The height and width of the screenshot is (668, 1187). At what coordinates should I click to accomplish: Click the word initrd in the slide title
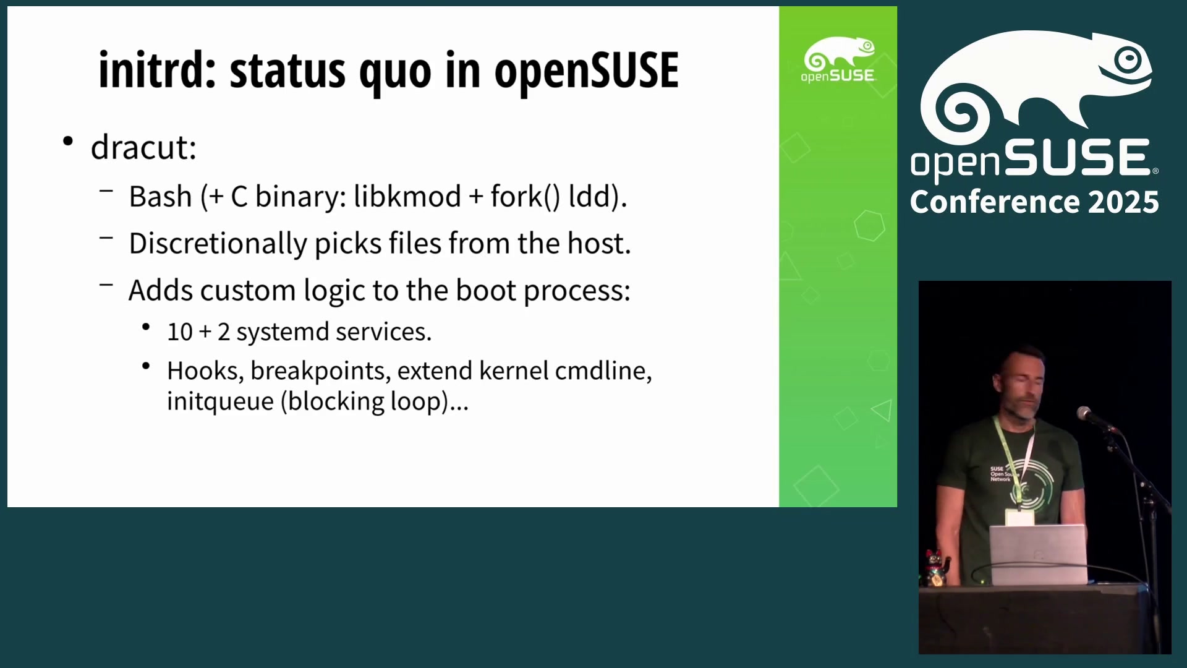(157, 70)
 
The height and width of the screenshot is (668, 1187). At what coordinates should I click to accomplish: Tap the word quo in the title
(395, 73)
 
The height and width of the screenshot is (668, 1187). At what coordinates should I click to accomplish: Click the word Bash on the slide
(161, 197)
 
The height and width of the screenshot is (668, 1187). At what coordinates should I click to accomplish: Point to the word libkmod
(407, 196)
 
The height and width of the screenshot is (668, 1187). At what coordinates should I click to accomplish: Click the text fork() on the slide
(525, 197)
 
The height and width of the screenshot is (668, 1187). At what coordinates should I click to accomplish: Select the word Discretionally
(218, 244)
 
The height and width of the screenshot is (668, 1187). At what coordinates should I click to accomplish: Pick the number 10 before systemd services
(180, 332)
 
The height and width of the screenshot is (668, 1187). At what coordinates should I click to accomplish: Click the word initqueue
(220, 402)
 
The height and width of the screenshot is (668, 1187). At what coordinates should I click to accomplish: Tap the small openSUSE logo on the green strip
(838, 59)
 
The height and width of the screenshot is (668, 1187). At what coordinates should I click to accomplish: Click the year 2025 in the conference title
(1123, 202)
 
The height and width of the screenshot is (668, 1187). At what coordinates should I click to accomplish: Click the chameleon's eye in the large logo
(1128, 60)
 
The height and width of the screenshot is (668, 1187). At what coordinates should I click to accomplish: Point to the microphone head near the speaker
(1084, 413)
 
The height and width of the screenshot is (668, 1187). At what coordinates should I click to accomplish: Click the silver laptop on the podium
(1038, 554)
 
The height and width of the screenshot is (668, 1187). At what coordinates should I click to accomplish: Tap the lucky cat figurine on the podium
(935, 568)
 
